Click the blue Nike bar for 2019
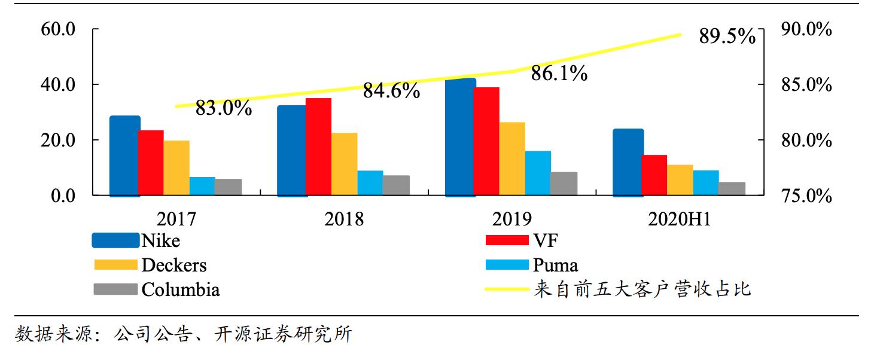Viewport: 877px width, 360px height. (460, 137)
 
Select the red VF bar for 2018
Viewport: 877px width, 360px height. (318, 147)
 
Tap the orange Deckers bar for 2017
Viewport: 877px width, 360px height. (176, 168)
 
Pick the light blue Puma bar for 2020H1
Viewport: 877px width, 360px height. (706, 182)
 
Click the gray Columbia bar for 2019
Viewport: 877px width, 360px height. (564, 184)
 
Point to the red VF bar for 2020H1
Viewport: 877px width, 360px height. (654, 175)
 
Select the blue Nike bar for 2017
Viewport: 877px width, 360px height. (124, 155)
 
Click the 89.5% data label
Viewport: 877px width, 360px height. (727, 37)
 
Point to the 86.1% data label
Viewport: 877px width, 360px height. (559, 74)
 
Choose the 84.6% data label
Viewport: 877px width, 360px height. (391, 91)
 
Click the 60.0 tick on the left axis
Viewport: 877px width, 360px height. (57, 29)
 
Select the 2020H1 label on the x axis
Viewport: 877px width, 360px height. (679, 219)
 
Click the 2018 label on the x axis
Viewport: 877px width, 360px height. (343, 219)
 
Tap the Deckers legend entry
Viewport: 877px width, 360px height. (173, 265)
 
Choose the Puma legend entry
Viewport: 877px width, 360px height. (555, 265)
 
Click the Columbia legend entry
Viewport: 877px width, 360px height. (180, 289)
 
